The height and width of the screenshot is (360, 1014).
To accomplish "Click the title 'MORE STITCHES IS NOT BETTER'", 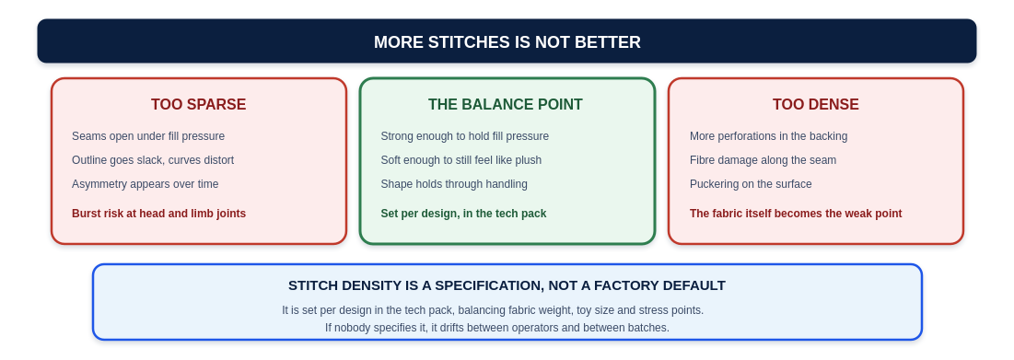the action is click(507, 42).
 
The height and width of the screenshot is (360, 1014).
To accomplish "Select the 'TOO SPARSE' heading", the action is click(199, 105).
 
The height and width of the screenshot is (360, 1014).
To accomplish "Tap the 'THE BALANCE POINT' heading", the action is click(505, 105).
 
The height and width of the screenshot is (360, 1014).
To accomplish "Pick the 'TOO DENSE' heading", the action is click(815, 105).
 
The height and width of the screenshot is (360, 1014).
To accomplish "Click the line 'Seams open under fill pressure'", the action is click(148, 136).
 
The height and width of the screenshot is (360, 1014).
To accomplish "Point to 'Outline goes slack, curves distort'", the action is click(153, 160).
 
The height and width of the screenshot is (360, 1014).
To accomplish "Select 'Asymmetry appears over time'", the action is click(145, 184).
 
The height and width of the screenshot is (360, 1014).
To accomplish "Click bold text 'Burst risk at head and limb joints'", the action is click(158, 214).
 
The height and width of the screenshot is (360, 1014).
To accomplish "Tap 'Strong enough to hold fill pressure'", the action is click(464, 136).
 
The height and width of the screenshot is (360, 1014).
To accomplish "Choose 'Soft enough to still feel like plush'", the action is click(461, 160).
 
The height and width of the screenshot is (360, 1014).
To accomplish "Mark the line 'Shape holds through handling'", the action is click(454, 184).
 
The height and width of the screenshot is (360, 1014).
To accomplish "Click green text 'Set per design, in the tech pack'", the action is click(463, 214).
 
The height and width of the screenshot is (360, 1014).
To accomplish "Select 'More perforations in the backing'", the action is click(768, 136).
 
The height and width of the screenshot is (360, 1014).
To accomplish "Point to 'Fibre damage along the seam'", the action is click(763, 160).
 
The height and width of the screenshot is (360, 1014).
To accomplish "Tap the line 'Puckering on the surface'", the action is click(751, 184).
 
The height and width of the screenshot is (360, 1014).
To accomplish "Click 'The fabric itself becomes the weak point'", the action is click(796, 214).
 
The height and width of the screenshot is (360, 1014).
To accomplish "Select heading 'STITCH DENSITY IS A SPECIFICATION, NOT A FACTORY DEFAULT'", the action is click(507, 285).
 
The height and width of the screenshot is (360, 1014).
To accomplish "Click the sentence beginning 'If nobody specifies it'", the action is click(496, 328).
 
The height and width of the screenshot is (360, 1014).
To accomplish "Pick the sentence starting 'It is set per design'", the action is click(493, 310).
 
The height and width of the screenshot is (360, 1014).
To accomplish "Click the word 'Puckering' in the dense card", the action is click(714, 184).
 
